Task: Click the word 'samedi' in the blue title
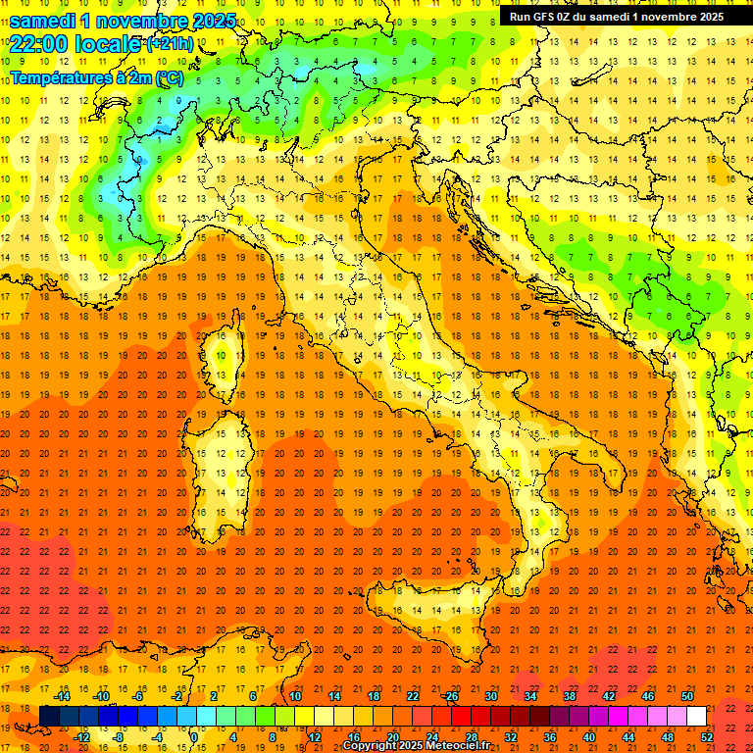tap(44, 20)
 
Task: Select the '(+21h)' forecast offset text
tap(170, 44)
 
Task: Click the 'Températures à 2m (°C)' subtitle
tap(96, 77)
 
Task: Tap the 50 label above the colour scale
tap(686, 696)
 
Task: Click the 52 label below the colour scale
tap(707, 736)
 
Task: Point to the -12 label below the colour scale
tap(81, 736)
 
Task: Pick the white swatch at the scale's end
tap(696, 716)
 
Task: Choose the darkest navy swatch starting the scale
tap(49, 716)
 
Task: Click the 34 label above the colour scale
tap(530, 696)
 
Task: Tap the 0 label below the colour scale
tap(194, 736)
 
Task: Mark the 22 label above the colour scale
tap(413, 696)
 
